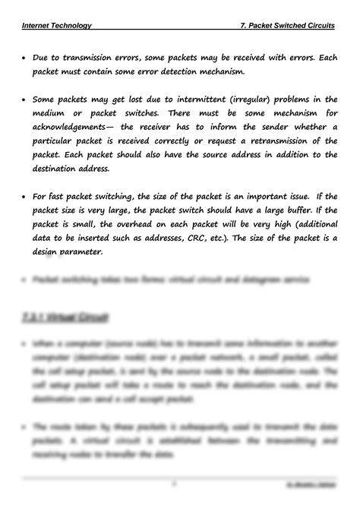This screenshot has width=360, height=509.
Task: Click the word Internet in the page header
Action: pyautogui.click(x=38, y=25)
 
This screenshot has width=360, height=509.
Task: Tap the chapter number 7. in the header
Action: pyautogui.click(x=243, y=25)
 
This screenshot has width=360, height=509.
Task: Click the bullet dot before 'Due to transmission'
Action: pyautogui.click(x=25, y=58)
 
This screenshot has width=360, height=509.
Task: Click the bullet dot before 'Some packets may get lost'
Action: pyautogui.click(x=25, y=99)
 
